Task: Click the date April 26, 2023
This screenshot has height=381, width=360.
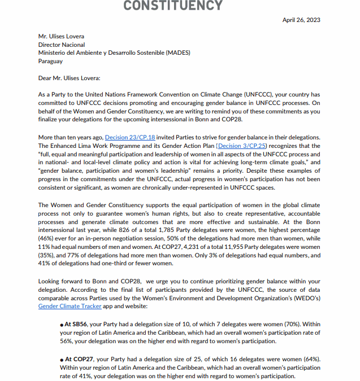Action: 301,20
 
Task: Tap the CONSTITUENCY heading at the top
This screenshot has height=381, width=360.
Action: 172,6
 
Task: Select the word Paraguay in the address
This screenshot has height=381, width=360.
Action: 50,61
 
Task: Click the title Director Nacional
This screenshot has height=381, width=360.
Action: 62,45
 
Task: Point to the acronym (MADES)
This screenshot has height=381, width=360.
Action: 178,53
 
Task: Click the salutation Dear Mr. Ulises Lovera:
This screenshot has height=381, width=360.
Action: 69,78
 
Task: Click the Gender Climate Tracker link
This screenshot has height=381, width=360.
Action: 70,306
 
